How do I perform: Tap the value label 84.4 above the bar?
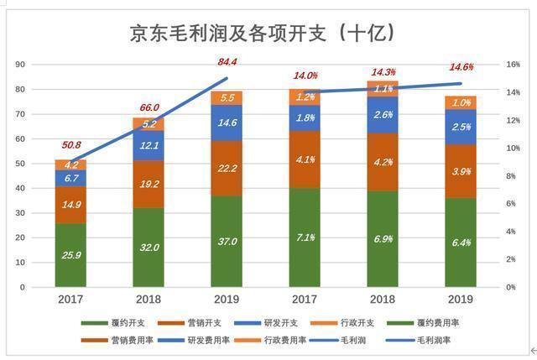[x=227, y=61]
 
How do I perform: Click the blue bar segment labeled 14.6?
[x=227, y=123]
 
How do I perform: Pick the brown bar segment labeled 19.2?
[x=149, y=184]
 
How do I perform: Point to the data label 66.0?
[x=149, y=108]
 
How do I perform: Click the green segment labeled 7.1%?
[x=304, y=237]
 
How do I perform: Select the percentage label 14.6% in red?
[x=461, y=67]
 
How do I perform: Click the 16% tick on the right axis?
[x=514, y=64]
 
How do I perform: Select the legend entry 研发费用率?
[x=204, y=341]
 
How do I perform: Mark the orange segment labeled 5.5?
[x=227, y=98]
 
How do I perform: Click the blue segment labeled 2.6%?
[x=383, y=115]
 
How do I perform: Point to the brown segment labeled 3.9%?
[x=461, y=171]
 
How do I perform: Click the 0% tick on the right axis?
[x=511, y=287]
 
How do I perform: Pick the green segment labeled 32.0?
[x=149, y=248]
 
